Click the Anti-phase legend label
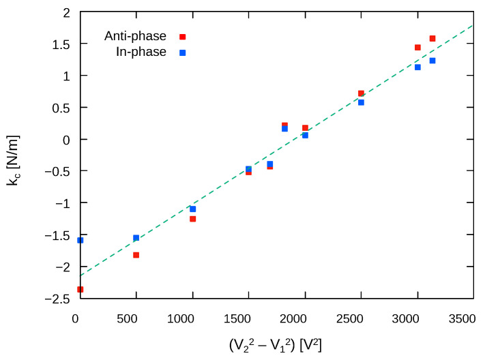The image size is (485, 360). click(135, 36)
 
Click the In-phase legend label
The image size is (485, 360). click(141, 52)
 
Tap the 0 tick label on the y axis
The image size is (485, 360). click(66, 139)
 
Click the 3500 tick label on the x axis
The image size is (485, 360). click(462, 318)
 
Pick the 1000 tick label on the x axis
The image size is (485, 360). click(192, 318)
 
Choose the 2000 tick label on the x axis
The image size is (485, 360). click(305, 318)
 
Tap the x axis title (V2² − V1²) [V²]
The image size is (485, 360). click(276, 345)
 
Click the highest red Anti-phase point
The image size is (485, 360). click(432, 38)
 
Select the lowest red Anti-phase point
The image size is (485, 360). click(80, 289)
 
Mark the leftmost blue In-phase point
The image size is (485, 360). click(80, 240)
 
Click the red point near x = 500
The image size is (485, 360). click(136, 255)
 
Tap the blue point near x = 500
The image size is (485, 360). click(136, 238)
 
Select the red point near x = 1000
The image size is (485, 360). click(193, 219)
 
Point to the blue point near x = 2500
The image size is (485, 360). click(361, 102)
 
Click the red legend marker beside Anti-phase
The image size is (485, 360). click(182, 37)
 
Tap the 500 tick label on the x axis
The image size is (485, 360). click(136, 318)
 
